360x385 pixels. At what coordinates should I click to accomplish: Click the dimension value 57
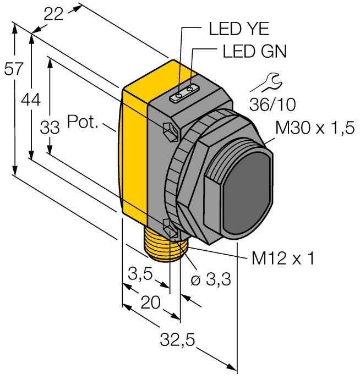13,69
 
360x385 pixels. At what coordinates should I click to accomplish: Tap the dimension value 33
50,128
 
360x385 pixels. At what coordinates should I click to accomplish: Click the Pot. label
83,122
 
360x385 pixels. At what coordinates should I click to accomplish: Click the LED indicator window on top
184,93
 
